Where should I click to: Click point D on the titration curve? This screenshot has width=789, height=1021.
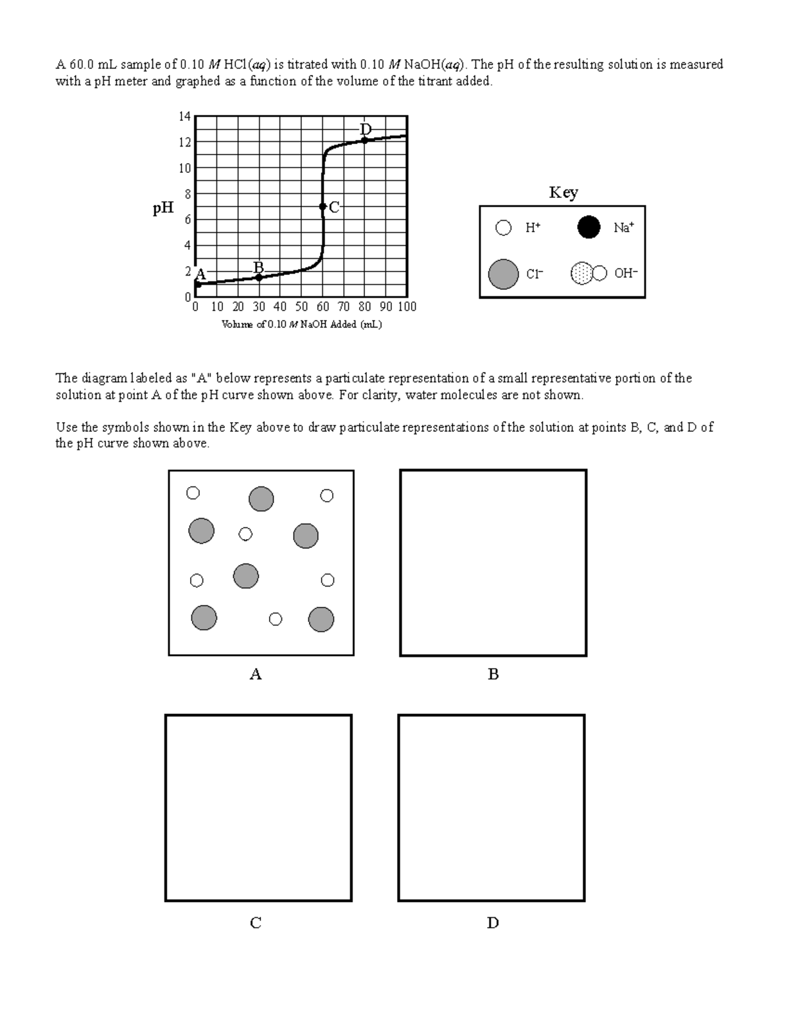click(364, 139)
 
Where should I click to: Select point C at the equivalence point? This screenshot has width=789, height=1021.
click(322, 206)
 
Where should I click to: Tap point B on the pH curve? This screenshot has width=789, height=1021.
click(259, 277)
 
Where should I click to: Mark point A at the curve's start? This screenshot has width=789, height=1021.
click(197, 284)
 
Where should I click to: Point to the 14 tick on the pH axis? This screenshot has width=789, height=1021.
click(185, 116)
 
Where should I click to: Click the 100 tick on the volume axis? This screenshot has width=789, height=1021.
click(407, 307)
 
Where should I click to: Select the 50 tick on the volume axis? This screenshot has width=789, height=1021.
click(301, 307)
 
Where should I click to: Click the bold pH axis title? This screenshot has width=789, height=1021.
click(163, 208)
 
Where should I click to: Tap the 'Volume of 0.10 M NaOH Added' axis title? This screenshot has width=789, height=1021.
click(302, 325)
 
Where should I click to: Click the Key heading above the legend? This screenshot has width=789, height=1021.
click(563, 193)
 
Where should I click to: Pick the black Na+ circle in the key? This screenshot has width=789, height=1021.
click(588, 227)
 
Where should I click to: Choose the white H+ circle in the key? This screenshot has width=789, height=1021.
click(504, 228)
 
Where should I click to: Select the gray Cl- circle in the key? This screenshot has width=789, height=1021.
click(504, 273)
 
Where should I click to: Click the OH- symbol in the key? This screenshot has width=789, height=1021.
click(588, 273)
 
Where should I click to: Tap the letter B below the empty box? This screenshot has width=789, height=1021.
click(493, 675)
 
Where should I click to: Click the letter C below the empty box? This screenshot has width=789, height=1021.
click(256, 923)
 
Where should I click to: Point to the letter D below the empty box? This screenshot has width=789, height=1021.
click(492, 923)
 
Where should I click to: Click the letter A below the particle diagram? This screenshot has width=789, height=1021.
click(256, 675)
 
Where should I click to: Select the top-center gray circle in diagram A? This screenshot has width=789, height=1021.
click(261, 499)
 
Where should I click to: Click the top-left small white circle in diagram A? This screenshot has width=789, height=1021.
click(193, 493)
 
